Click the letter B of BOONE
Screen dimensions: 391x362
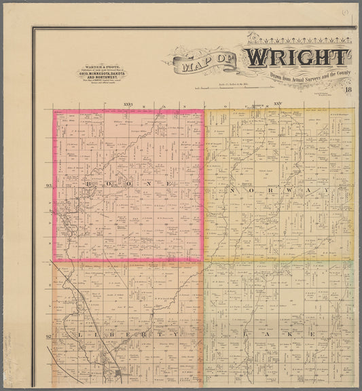point(88,184)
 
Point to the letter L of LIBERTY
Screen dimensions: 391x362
point(63,335)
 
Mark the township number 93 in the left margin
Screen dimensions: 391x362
point(48,185)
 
